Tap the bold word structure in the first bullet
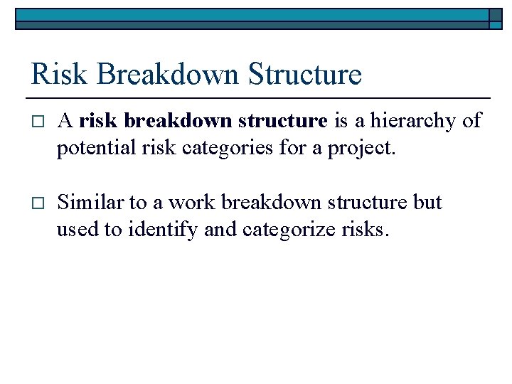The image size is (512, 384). (282, 122)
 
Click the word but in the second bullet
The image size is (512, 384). (427, 203)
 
